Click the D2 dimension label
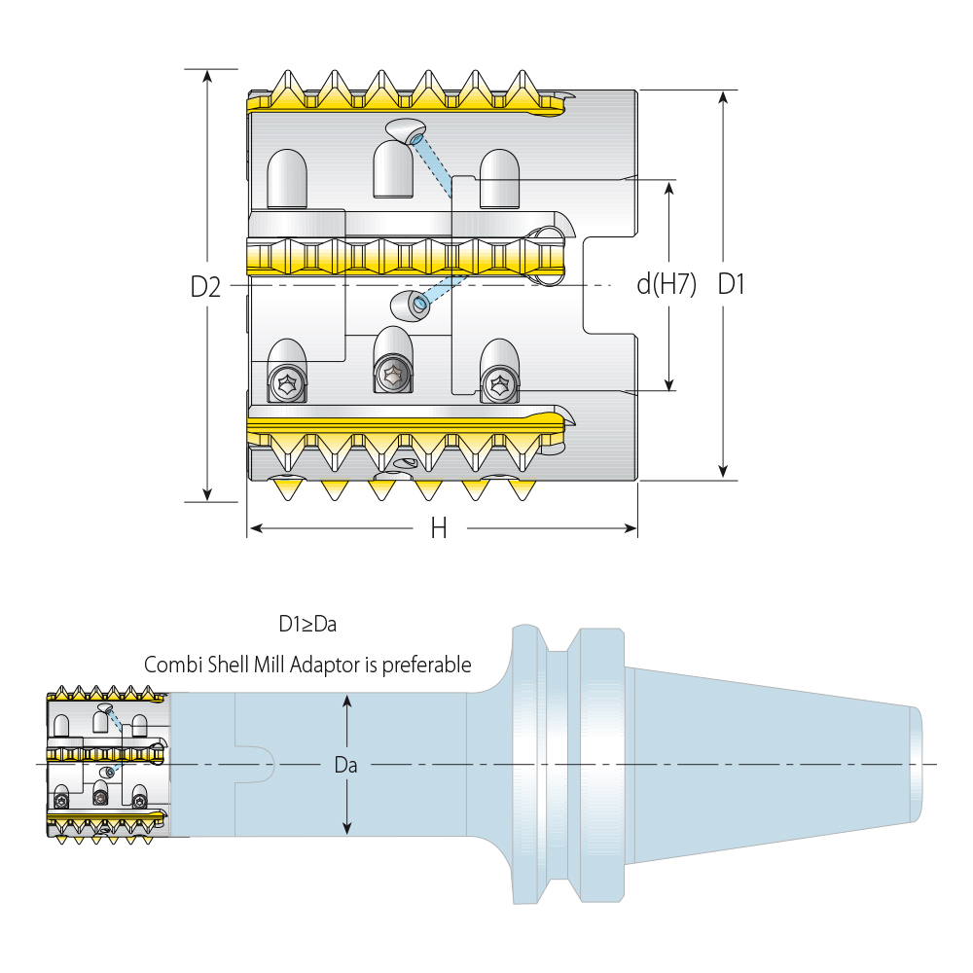tap(205, 287)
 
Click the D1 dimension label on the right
tap(731, 285)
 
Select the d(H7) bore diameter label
tap(667, 285)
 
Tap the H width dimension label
tap(439, 528)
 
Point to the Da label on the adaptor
tap(345, 766)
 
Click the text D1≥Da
tap(307, 624)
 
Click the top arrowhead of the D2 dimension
tap(207, 76)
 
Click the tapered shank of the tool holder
tap(769, 764)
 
